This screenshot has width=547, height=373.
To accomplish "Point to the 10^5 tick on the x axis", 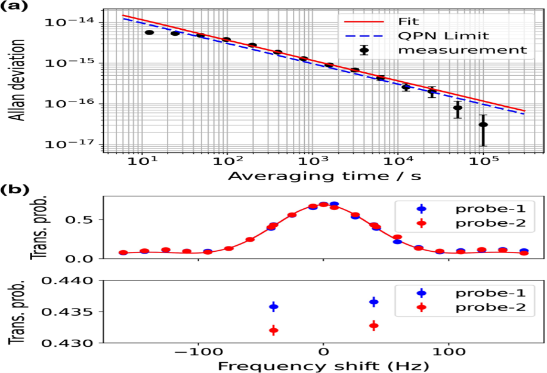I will pos(483,160).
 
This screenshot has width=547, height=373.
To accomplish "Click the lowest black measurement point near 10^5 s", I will pos(483,125).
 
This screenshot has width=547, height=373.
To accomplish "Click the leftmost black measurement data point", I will pos(149,32).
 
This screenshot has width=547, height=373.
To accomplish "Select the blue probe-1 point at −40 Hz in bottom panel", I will pos(274,307).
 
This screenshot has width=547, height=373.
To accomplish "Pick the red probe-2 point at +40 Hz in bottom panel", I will pos(373,325).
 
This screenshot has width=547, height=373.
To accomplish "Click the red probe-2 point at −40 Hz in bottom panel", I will pos(274,330).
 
